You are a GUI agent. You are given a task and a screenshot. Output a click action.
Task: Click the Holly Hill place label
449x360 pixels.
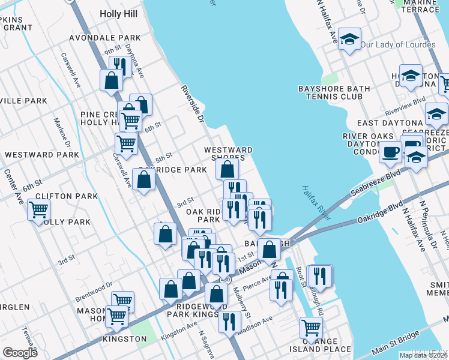(x=119, y=14)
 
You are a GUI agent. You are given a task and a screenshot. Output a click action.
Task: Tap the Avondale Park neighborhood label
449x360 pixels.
(x=104, y=38)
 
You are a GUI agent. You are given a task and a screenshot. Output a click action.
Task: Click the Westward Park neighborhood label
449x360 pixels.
(x=41, y=155)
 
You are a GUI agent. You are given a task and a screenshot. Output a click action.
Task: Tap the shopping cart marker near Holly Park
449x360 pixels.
(x=39, y=211)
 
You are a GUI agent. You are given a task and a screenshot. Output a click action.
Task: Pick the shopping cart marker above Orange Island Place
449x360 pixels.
(x=310, y=328)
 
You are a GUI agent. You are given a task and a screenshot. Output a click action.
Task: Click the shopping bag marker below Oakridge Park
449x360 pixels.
(x=144, y=180)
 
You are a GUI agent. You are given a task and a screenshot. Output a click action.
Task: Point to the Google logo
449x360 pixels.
(x=20, y=353)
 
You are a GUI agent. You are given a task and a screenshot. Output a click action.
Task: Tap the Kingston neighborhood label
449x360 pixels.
(x=125, y=339)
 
